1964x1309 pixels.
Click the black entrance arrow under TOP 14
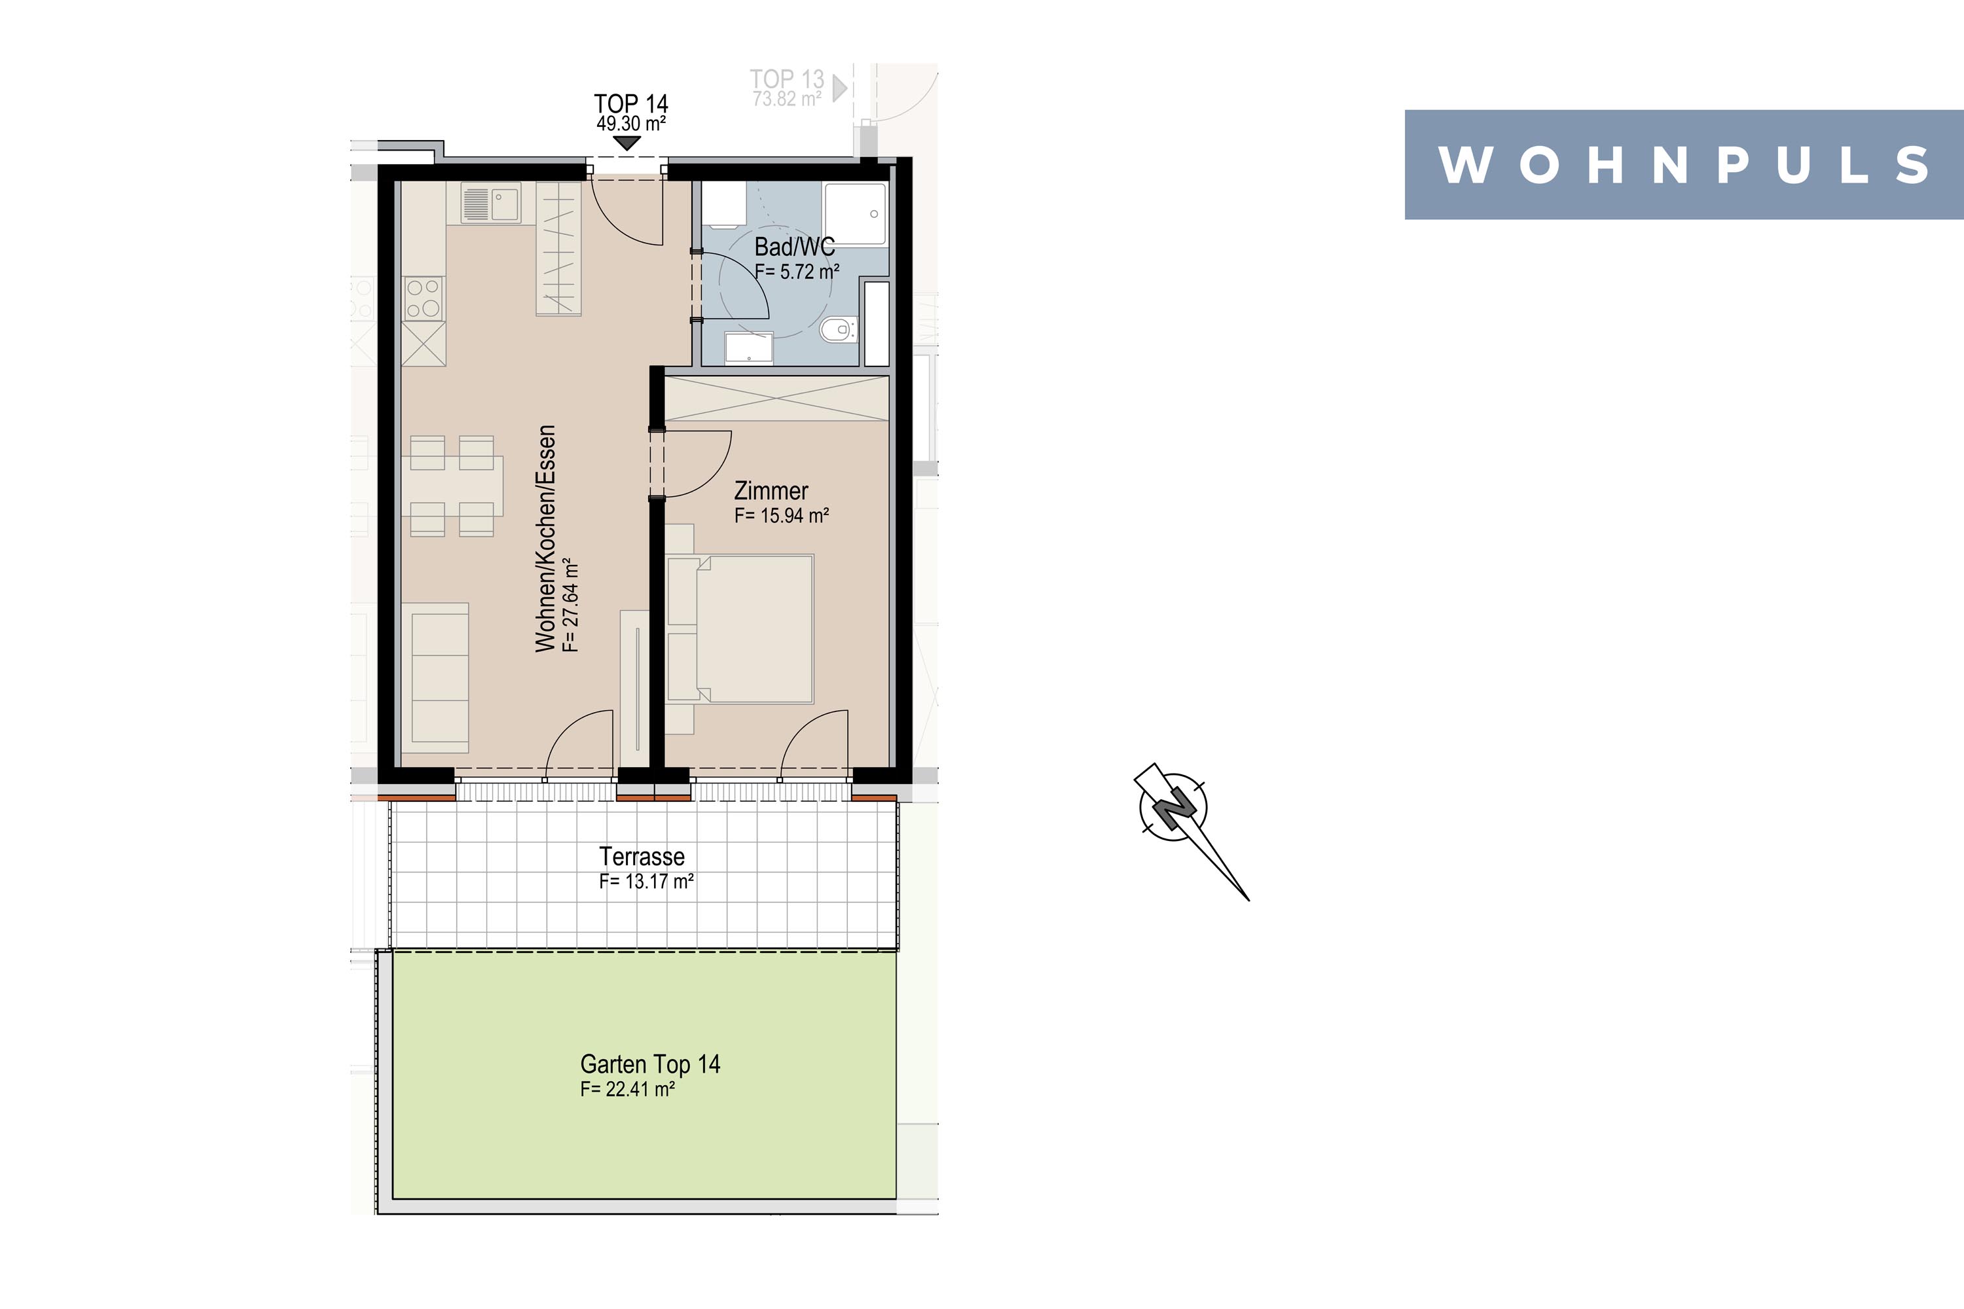[627, 143]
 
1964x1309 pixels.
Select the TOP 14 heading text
[631, 103]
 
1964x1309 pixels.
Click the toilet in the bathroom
[837, 330]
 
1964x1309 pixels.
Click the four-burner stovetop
[424, 298]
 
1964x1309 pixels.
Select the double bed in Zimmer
[740, 628]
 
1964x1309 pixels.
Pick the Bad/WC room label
[794, 247]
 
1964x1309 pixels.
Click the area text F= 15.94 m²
[782, 516]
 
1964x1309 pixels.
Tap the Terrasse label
[642, 857]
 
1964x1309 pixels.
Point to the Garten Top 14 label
[649, 1064]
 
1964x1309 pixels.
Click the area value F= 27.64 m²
[571, 605]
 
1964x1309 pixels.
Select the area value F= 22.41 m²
[628, 1090]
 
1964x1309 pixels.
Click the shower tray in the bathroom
[855, 214]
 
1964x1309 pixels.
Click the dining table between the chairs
[452, 486]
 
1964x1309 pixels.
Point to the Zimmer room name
[771, 491]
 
